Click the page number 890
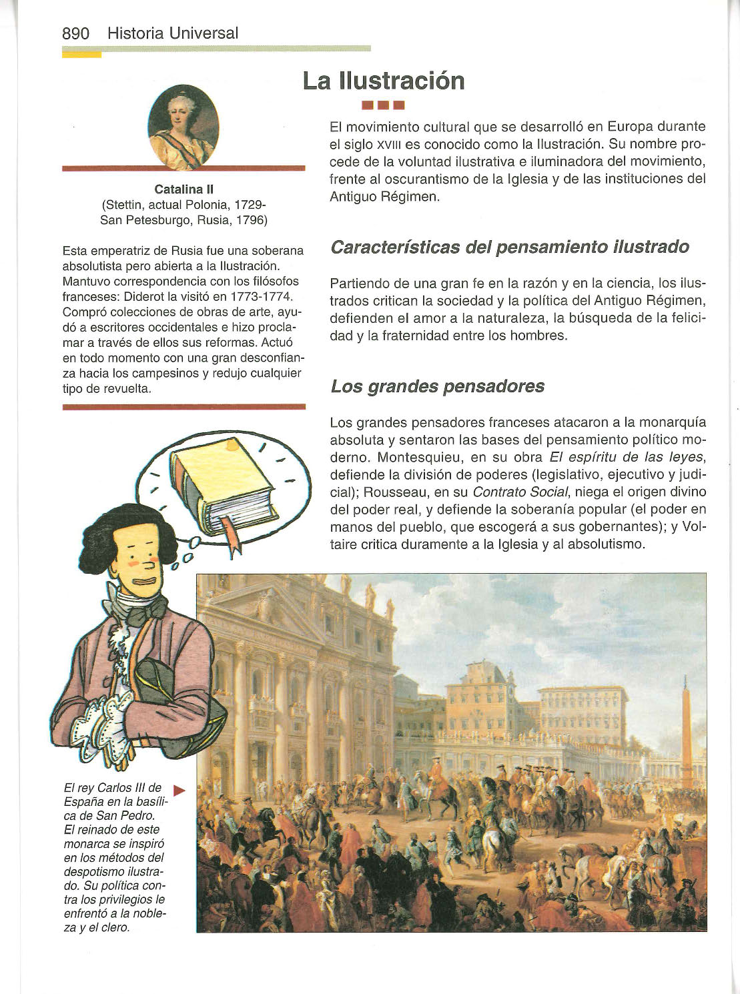[x=75, y=33]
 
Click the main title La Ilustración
[x=383, y=81]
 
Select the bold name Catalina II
[x=183, y=189]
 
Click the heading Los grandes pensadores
[x=437, y=386]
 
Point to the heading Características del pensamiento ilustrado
[x=510, y=247]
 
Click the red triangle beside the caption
[x=178, y=791]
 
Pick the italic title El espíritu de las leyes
[x=627, y=458]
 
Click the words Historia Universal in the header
[x=172, y=33]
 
